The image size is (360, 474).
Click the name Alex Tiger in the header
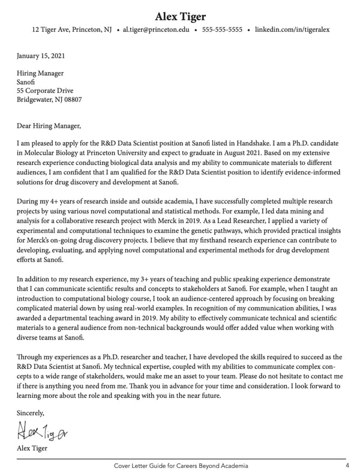180,16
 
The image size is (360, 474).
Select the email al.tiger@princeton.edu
156,29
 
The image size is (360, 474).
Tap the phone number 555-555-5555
222,29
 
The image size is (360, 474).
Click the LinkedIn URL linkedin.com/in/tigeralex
292,29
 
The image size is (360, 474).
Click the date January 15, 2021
41,56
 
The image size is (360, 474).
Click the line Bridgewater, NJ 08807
49,100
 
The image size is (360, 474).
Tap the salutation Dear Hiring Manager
48,126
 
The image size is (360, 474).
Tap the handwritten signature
42,430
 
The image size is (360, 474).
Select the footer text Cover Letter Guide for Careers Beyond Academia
181,466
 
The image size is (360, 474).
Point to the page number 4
347,466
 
